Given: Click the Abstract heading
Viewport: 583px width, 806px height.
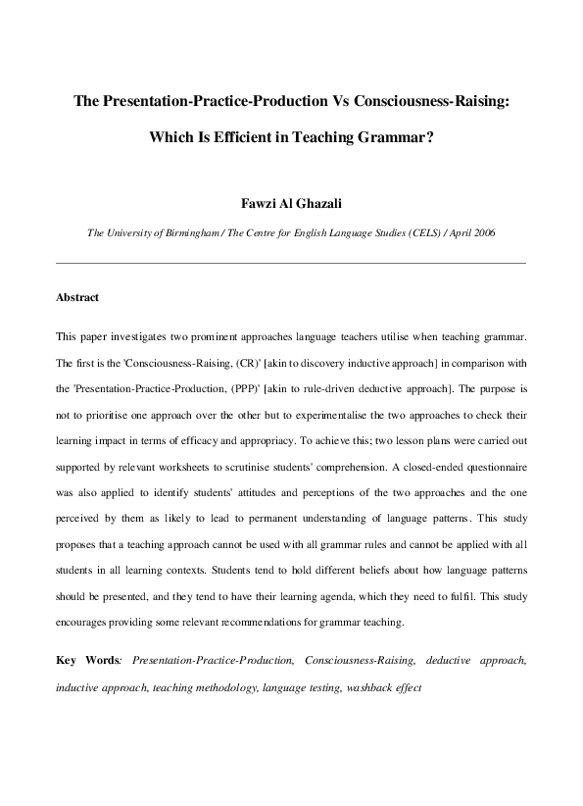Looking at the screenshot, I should (77, 297).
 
